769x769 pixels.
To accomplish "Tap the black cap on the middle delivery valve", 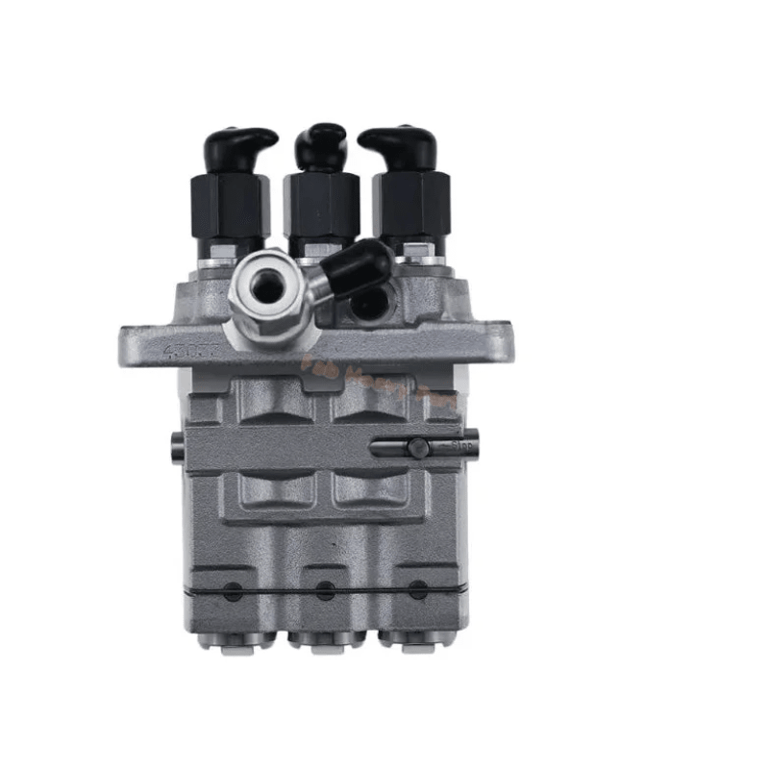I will click(320, 144).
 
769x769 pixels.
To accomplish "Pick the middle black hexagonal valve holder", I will click(322, 204).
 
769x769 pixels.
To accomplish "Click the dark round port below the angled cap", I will click(368, 306).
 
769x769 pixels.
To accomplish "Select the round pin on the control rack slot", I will click(417, 447).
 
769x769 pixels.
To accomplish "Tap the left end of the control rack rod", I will click(178, 444).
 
